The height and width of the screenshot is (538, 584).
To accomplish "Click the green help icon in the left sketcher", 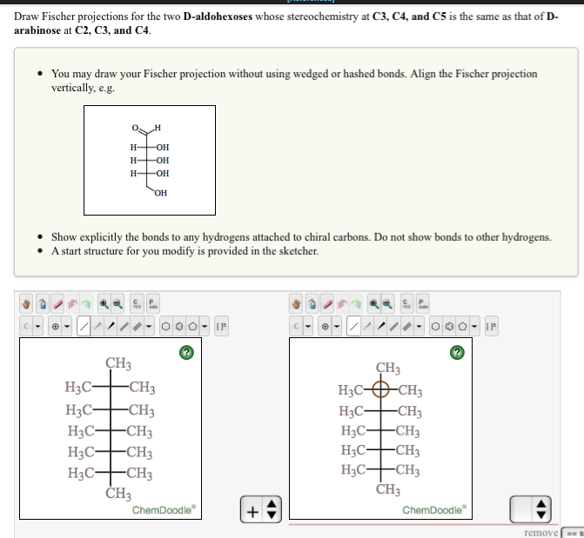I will click(x=184, y=352).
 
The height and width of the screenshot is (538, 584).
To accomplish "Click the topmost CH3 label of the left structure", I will click(x=118, y=363).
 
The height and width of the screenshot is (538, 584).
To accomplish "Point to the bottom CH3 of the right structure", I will click(x=389, y=489).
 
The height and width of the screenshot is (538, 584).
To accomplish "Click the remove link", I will click(x=541, y=531).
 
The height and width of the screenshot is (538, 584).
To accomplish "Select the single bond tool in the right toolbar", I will click(x=355, y=329).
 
